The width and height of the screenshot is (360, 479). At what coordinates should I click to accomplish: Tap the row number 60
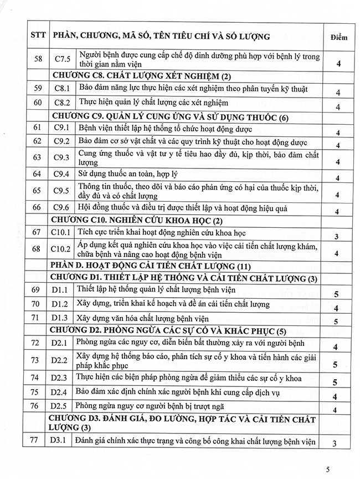coord(37,103)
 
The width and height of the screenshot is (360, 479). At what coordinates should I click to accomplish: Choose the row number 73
coord(37,360)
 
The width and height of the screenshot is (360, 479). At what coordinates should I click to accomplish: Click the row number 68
coord(37,249)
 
